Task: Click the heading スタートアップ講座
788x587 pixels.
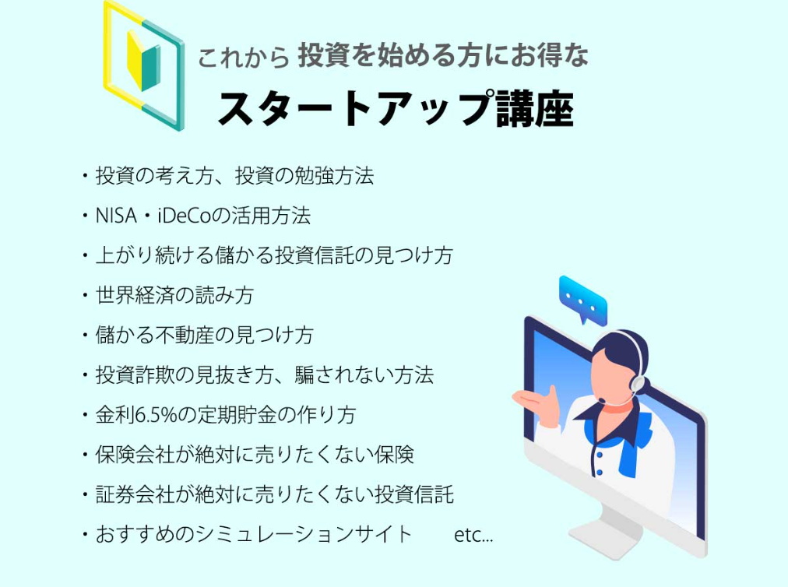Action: coord(396,109)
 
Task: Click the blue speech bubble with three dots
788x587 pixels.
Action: coord(583,299)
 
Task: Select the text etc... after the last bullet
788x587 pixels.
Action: coord(473,535)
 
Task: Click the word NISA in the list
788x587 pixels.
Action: coord(116,216)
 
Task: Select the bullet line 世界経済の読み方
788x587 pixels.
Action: coord(174,296)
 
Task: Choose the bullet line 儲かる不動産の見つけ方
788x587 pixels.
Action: coord(205,336)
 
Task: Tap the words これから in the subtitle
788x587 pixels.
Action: coord(243,58)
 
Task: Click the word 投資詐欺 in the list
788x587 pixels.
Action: coord(135,375)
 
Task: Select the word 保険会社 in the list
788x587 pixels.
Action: coord(135,455)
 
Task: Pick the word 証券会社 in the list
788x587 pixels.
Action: coord(135,494)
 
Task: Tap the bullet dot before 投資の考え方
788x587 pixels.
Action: coord(85,177)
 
